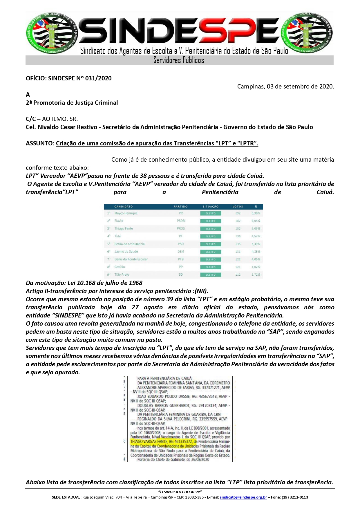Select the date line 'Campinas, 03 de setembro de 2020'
point(285,86)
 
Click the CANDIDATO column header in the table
point(124,207)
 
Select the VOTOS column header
point(238,207)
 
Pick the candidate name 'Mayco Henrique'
point(126,213)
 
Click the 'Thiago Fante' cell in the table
point(124,229)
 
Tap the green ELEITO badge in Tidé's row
point(211,237)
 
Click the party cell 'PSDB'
point(181,221)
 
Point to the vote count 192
point(238,213)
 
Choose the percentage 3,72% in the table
point(256,275)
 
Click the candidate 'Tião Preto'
point(122,275)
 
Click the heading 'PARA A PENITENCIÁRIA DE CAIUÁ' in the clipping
point(164,378)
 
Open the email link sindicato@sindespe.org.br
point(243,497)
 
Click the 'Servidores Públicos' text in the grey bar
point(179,60)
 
